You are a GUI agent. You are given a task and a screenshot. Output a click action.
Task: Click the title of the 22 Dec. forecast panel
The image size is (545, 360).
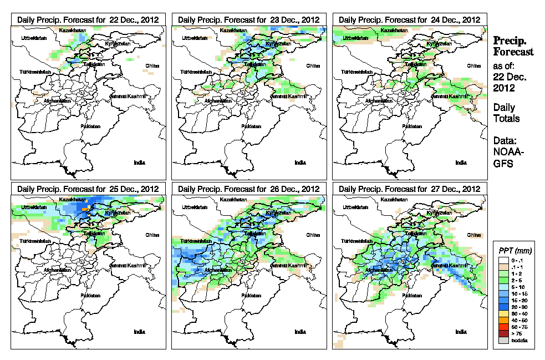[x=88, y=19]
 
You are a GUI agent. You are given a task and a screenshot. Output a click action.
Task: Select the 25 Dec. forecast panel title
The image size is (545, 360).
[x=88, y=189]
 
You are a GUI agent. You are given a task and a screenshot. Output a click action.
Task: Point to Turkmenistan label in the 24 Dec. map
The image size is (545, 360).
[x=356, y=72]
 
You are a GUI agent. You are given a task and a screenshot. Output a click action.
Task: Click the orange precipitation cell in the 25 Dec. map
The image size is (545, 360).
[x=85, y=209]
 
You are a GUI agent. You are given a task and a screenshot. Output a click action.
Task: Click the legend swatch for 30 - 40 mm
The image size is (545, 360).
[x=502, y=314]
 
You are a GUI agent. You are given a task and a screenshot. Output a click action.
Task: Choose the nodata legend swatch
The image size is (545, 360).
[x=502, y=340]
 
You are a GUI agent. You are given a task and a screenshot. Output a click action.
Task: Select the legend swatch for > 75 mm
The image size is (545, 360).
[x=502, y=333]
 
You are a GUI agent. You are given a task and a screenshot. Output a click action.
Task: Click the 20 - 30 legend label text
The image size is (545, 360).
[x=519, y=307]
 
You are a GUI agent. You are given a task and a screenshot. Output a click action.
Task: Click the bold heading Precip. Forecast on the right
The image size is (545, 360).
[x=513, y=46]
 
